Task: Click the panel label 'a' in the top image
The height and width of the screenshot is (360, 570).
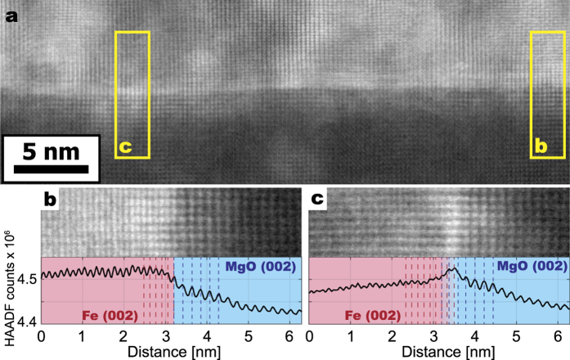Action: tap(12, 13)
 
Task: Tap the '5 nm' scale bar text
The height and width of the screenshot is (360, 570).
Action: tap(51, 151)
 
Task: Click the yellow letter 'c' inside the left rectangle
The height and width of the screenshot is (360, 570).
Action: tap(125, 148)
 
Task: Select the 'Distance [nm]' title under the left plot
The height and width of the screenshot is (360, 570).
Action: tap(173, 351)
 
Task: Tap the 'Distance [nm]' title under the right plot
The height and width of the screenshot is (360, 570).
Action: tap(439, 351)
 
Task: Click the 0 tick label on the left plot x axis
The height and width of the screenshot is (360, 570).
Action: tap(42, 336)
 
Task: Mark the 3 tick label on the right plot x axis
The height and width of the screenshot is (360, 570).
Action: tap(433, 336)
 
